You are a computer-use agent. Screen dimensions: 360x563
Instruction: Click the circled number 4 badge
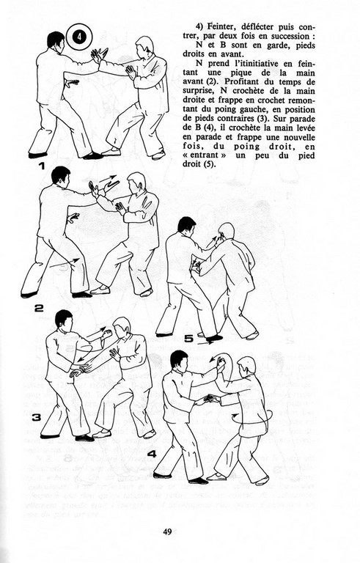(79, 37)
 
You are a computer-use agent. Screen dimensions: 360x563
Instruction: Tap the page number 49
(167, 531)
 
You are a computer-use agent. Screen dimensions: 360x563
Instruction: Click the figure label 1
(42, 166)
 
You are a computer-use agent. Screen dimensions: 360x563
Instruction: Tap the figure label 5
(189, 339)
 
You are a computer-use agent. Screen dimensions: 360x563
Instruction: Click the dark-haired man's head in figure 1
(56, 40)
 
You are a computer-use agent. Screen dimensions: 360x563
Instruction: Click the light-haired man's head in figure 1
(144, 45)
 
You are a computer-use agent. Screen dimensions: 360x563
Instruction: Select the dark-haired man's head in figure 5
(187, 226)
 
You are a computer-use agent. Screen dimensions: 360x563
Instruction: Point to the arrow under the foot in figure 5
(207, 343)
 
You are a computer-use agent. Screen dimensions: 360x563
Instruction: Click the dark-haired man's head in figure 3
(65, 319)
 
